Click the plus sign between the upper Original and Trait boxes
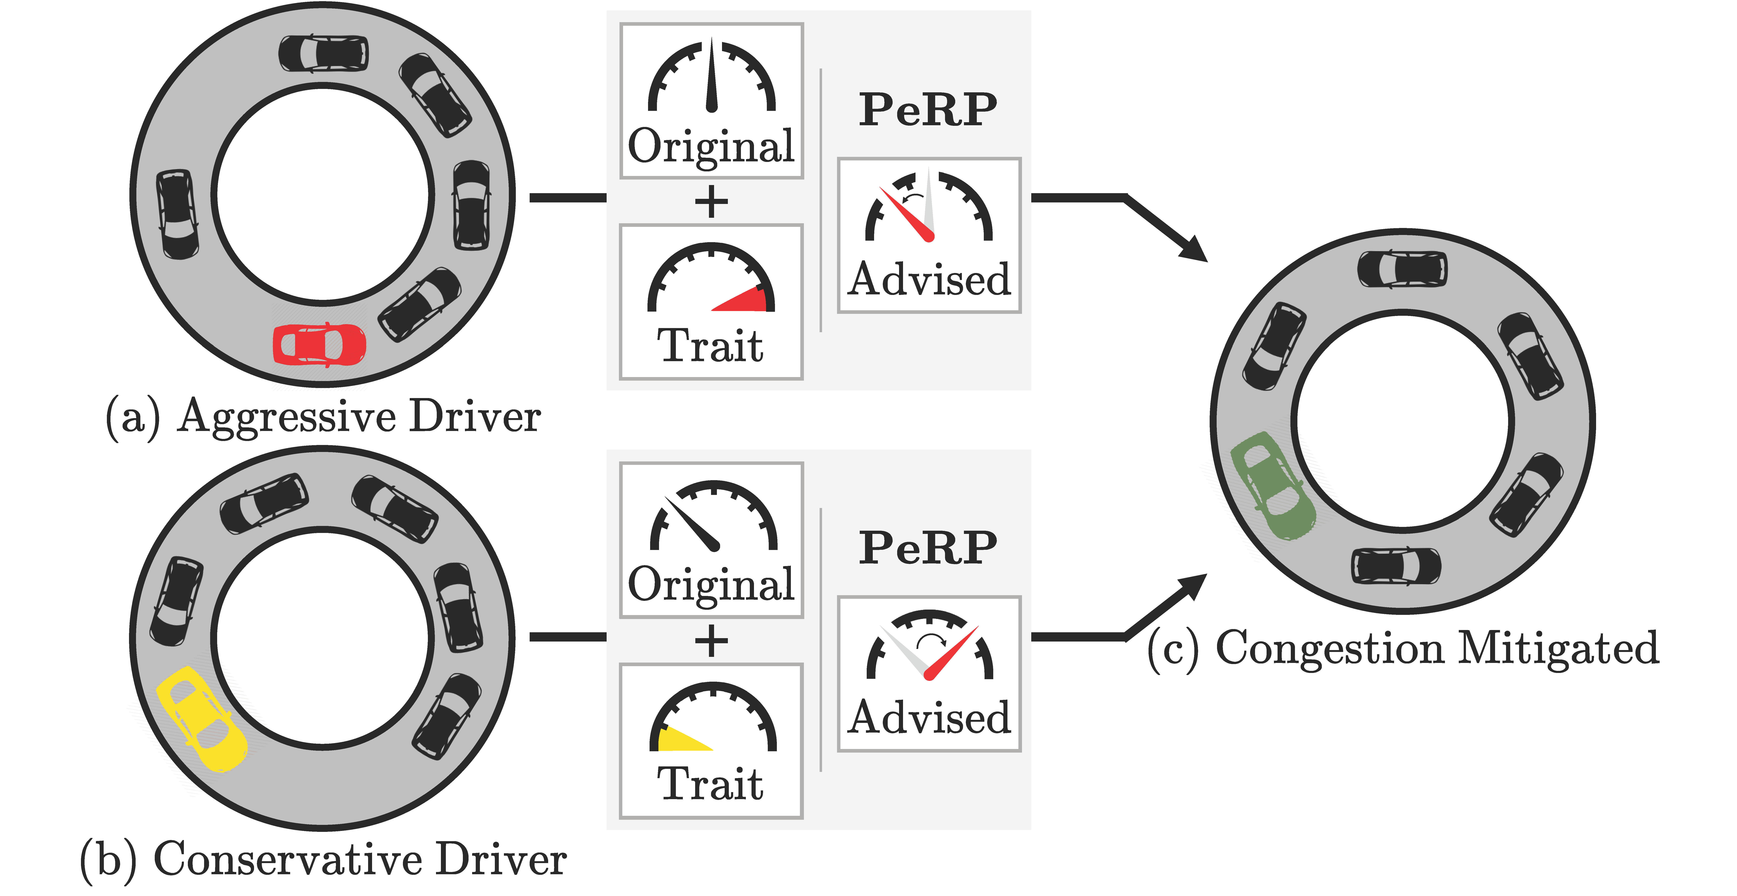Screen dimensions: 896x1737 coord(711,202)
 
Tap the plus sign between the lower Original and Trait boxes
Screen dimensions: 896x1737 coord(711,640)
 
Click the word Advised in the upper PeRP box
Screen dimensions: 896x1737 coord(929,280)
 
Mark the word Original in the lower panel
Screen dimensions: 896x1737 coord(711,584)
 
